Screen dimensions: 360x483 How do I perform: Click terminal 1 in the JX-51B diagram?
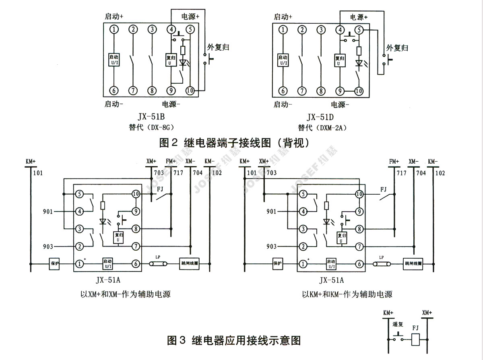(x=114, y=29)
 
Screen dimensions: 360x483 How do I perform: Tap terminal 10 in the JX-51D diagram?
(x=358, y=91)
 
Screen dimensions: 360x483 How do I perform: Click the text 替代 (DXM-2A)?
(x=322, y=128)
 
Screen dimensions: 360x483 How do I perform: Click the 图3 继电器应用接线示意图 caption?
(x=234, y=341)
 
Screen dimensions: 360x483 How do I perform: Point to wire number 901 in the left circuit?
(x=48, y=211)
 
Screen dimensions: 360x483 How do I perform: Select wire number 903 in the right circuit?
(x=272, y=246)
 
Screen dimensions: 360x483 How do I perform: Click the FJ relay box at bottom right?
(x=416, y=340)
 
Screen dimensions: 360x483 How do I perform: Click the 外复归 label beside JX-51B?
(x=218, y=47)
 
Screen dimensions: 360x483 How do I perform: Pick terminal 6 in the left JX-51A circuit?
(x=136, y=263)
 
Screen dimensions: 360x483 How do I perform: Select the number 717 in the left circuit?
(x=178, y=173)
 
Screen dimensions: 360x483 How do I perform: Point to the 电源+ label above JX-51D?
(x=359, y=17)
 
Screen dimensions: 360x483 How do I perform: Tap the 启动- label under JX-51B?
(x=114, y=104)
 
